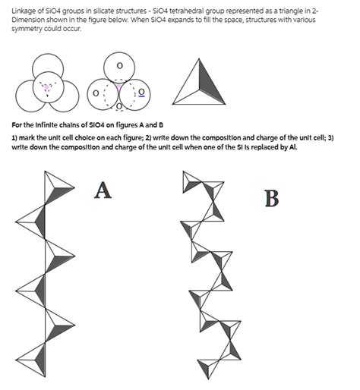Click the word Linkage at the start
pyautogui.click(x=24, y=9)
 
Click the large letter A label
pyautogui.click(x=103, y=190)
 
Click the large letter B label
pyautogui.click(x=271, y=199)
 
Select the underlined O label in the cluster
pyautogui.click(x=141, y=91)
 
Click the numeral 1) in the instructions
pyautogui.click(x=15, y=137)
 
